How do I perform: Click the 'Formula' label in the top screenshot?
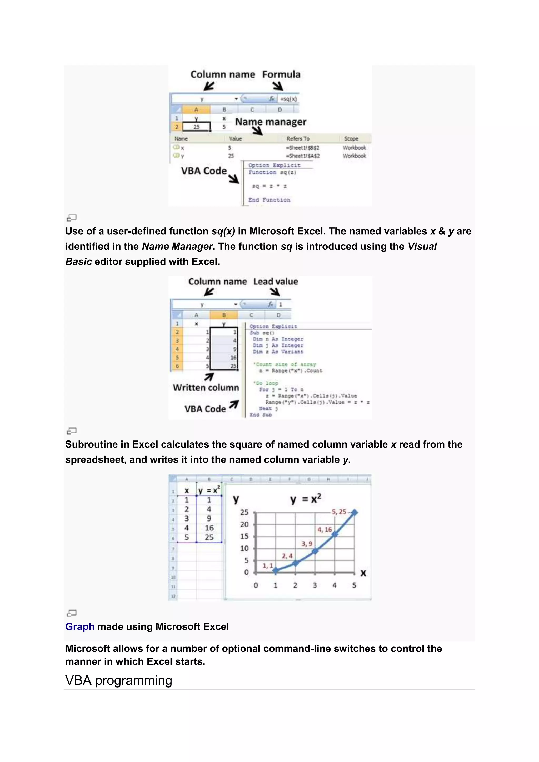coord(281,74)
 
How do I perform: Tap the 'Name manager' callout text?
coord(271,122)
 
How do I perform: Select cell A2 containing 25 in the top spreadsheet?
coord(197,127)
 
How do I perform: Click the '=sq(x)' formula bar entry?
coord(288,99)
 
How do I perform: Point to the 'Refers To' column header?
coord(298,139)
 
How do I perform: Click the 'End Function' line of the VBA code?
coord(269,200)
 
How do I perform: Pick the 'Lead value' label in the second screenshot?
coord(276,282)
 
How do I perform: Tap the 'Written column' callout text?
coord(206,388)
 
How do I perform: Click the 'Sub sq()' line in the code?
coord(262,333)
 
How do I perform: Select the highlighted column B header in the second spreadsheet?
coord(224,315)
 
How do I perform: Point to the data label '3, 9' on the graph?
coord(307,544)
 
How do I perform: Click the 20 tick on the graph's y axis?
coord(244,524)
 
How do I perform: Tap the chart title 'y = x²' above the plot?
coord(305,499)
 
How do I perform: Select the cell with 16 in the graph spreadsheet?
coord(209,528)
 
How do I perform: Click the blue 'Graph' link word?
coord(80,626)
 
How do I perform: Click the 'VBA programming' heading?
coord(118,680)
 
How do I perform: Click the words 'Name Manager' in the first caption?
coord(177,247)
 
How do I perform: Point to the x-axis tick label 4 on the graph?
coord(335,585)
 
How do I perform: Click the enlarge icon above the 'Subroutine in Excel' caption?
coord(72,431)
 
